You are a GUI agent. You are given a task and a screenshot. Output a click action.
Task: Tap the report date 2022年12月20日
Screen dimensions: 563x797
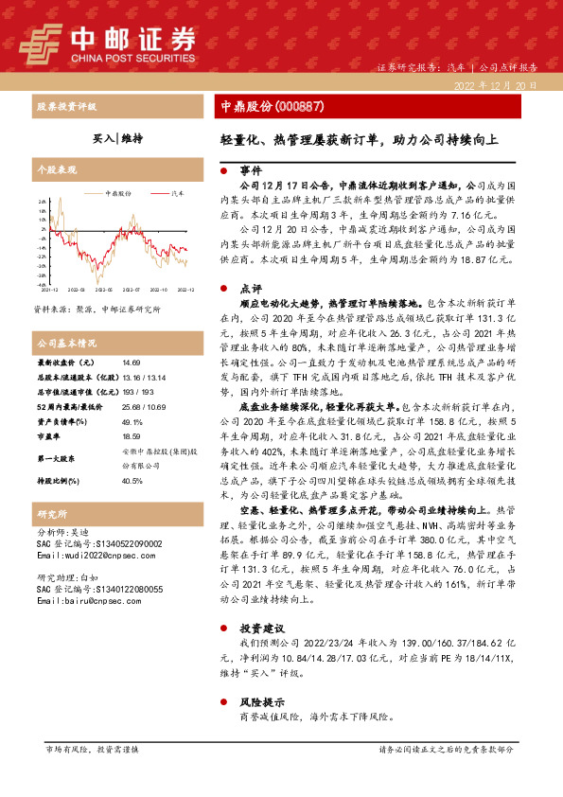coord(495,85)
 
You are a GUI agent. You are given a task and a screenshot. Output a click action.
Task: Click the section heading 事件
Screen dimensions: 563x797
coord(250,171)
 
